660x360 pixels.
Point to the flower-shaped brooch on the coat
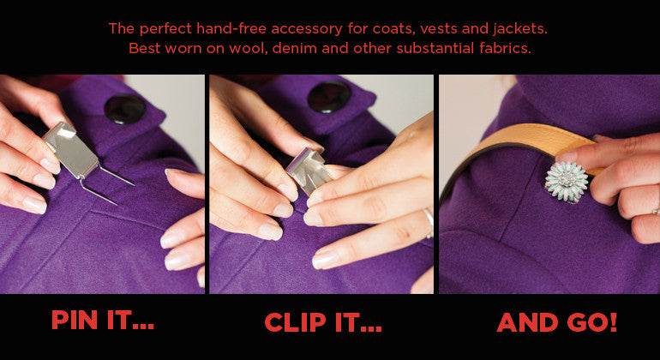(566, 181)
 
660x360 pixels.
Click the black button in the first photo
(124, 109)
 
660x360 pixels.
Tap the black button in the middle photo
(329, 96)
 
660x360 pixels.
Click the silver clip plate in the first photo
(70, 148)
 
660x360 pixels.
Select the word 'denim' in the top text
(294, 48)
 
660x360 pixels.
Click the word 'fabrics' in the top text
(505, 48)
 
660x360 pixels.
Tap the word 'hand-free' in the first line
(232, 29)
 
